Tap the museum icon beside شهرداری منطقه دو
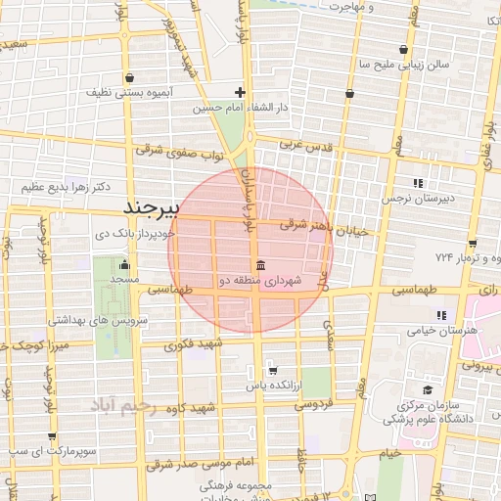tap(260, 266)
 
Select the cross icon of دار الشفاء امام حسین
tap(240, 93)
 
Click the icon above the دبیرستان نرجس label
tap(419, 183)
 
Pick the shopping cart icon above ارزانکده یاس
tap(272, 371)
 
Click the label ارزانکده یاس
tap(271, 386)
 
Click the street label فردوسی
tap(315, 402)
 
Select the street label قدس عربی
tap(306, 146)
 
